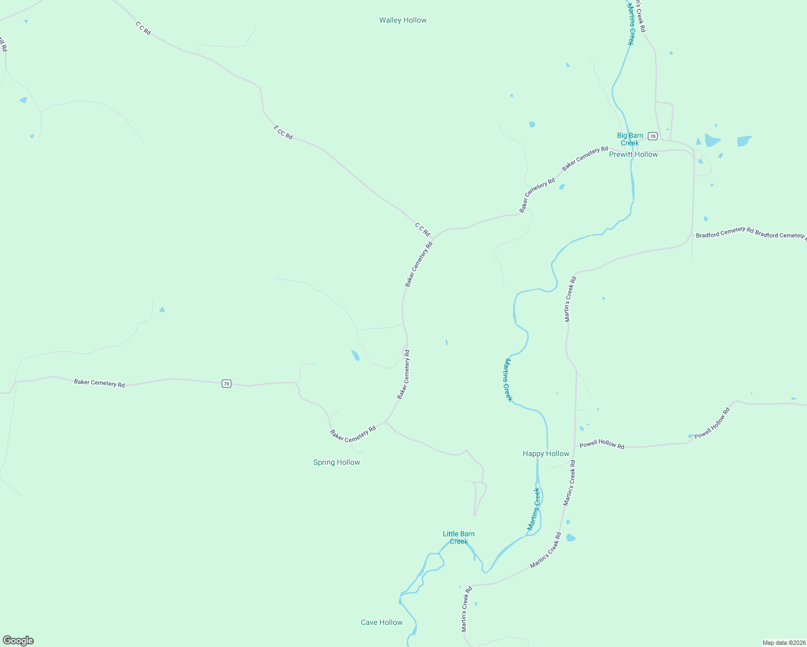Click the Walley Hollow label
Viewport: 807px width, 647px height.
click(x=402, y=20)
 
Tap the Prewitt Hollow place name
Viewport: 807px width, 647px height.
click(x=633, y=154)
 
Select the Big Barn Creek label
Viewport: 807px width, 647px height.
click(x=630, y=139)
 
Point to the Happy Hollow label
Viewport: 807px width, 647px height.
click(x=546, y=453)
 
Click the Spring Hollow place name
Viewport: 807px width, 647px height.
click(x=337, y=462)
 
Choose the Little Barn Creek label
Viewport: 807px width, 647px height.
click(x=459, y=538)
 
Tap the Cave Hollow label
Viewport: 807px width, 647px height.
click(x=381, y=622)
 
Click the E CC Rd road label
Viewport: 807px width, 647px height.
click(x=283, y=133)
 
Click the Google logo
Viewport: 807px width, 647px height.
click(x=18, y=641)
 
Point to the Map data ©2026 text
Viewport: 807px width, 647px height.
click(x=783, y=643)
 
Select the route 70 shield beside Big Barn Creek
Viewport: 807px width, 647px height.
click(x=653, y=136)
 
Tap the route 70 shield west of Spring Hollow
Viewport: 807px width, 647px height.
click(x=227, y=384)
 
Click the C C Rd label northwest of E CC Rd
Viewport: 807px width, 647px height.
click(x=143, y=29)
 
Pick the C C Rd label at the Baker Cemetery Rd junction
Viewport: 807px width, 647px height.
click(x=422, y=229)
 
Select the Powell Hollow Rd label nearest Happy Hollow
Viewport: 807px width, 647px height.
click(x=601, y=444)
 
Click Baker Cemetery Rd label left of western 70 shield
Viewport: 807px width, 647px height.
click(x=99, y=383)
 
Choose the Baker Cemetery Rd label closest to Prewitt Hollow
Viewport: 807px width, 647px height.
click(x=585, y=159)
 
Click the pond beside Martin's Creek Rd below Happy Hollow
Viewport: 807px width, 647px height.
click(x=571, y=538)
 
